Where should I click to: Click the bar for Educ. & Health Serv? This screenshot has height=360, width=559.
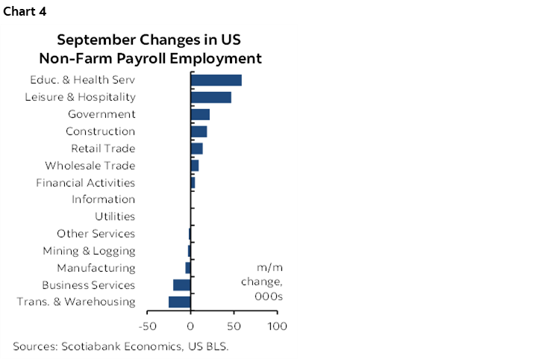coord(216,81)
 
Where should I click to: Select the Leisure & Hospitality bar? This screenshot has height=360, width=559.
coord(210,97)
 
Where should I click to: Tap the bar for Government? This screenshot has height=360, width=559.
coord(200,114)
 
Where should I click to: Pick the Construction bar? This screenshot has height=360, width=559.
coord(199,131)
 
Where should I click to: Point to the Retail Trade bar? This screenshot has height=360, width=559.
coord(196,149)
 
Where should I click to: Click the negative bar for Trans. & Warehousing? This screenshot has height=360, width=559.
coord(180,302)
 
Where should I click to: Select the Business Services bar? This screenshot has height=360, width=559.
coord(182,285)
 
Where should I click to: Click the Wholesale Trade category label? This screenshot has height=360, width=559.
coord(90,166)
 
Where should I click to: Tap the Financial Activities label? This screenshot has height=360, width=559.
coord(85,183)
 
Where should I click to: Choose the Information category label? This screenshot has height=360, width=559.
coord(103,199)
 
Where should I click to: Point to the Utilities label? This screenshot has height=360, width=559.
coord(114,217)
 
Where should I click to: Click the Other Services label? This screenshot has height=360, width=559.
coord(96,234)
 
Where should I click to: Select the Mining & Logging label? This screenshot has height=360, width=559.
coord(89,251)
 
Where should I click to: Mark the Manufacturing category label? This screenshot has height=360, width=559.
coord(96,267)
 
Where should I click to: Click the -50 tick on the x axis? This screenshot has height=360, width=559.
coord(147,326)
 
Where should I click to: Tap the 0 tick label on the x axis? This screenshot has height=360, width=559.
coord(191,326)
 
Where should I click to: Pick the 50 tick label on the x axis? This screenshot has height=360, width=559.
coord(234,326)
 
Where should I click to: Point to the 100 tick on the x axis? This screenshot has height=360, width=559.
coord(277,326)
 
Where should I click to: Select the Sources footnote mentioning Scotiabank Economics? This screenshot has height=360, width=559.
coord(120,346)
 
